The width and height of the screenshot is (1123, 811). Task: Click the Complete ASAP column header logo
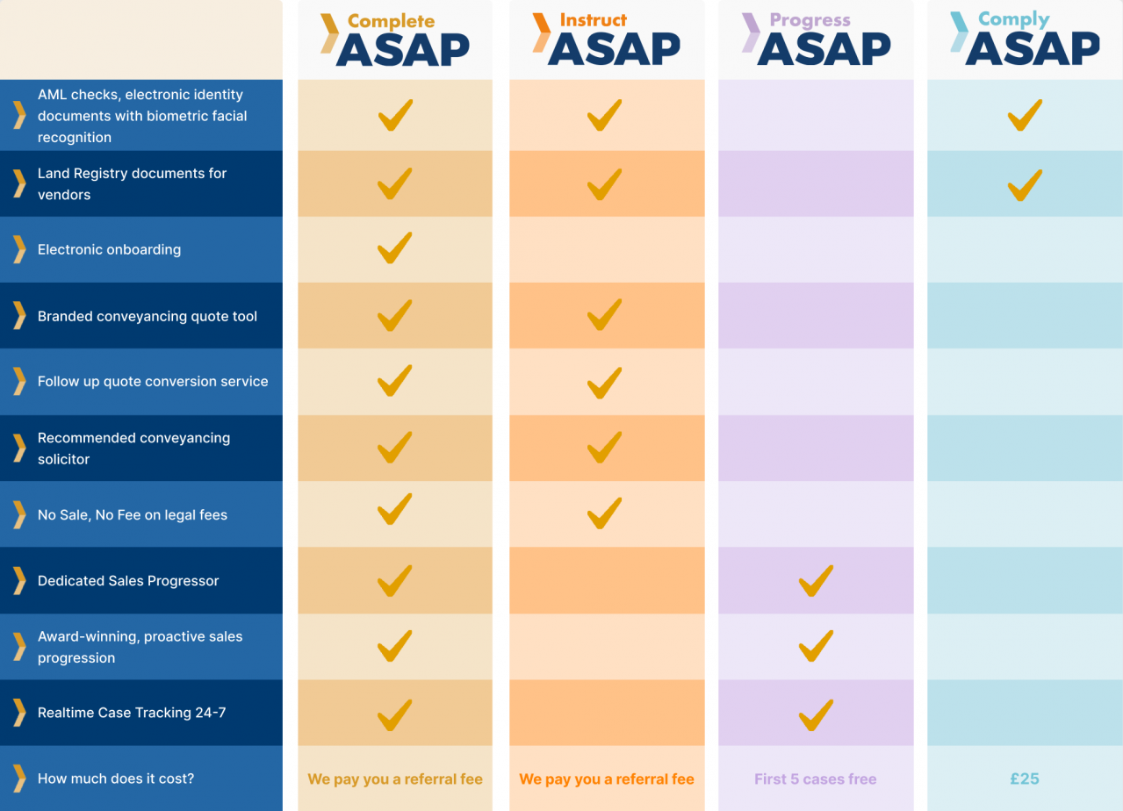click(x=394, y=39)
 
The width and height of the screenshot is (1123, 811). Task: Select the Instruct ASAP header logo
click(x=606, y=39)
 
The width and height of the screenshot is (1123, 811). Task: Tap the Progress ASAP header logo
click(x=816, y=39)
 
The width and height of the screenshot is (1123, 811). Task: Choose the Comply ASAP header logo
click(x=1025, y=39)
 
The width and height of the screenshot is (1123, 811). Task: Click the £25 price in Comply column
click(x=1025, y=779)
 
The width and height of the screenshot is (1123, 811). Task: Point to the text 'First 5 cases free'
click(x=815, y=779)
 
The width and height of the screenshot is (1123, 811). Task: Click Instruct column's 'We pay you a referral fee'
click(x=606, y=779)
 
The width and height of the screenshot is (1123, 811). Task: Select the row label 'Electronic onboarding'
click(x=109, y=249)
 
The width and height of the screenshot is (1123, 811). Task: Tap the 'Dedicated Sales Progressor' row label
click(x=128, y=580)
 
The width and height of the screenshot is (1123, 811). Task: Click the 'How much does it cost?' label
click(x=116, y=779)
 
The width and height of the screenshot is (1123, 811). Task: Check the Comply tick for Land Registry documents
click(x=1025, y=185)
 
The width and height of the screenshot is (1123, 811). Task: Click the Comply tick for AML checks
click(x=1025, y=115)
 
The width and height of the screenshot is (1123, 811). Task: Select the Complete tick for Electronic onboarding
click(x=394, y=248)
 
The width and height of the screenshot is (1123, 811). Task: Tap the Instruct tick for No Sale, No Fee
click(x=604, y=513)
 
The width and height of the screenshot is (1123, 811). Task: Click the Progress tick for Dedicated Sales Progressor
click(x=816, y=580)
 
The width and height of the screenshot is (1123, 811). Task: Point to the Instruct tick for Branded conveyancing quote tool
click(x=604, y=314)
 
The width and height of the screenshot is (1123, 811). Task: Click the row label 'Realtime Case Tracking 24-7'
click(x=132, y=713)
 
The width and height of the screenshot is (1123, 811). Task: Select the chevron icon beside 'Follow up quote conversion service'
click(x=19, y=381)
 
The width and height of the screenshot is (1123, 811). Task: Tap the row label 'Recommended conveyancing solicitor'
click(x=133, y=448)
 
